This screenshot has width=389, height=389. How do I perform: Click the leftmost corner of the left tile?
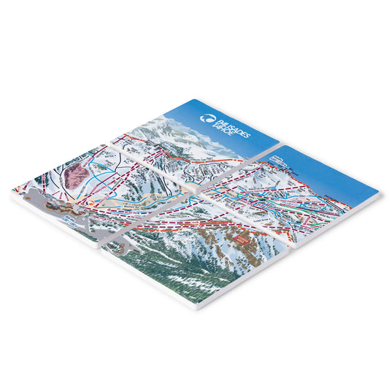[12, 191]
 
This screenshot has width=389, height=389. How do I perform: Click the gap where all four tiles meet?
[192, 188]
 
